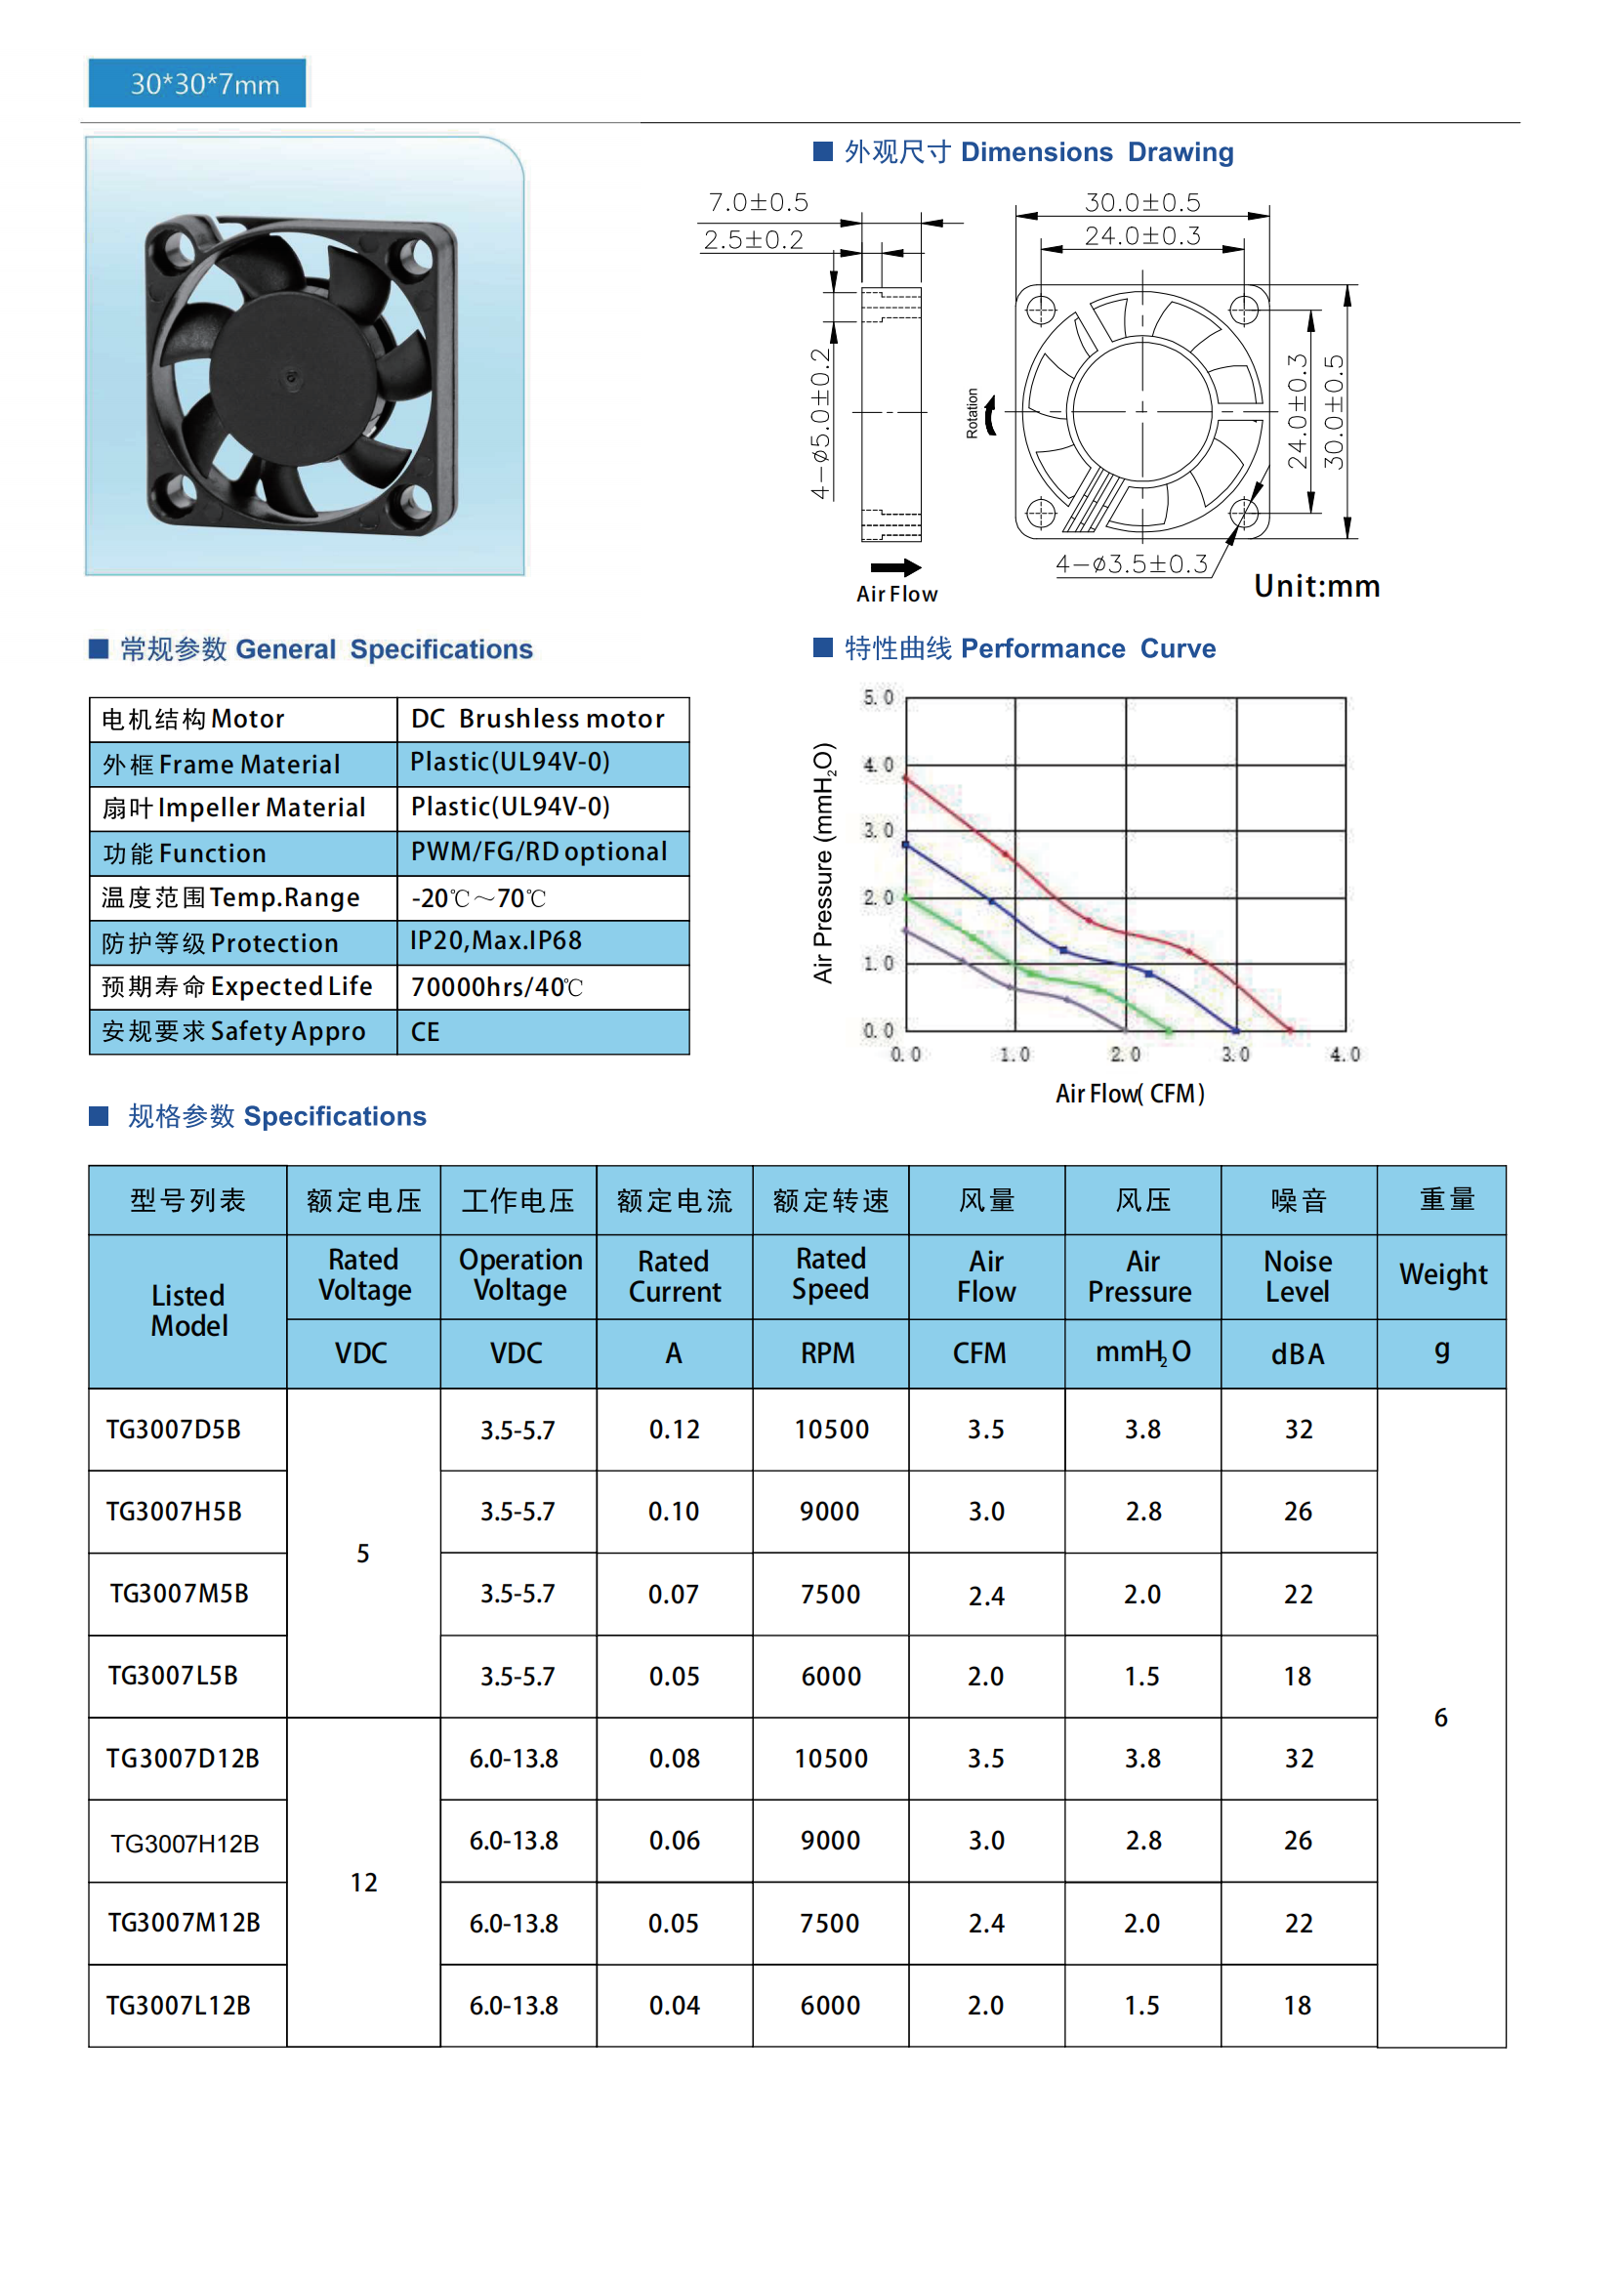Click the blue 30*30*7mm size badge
pos(197,84)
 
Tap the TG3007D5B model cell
pos(174,1430)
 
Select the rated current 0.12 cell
pos(675,1430)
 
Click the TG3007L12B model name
pos(179,2006)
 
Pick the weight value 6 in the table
pos(1440,1718)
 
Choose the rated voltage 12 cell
pos(363,1882)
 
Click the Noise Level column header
pos(1298,1276)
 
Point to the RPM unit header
pos(828,1352)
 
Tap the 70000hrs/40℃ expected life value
pos(496,987)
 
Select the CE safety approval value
pos(426,1031)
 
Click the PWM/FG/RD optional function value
pos(538,852)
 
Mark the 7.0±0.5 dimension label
pos(758,203)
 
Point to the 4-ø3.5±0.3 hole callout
pos(1132,564)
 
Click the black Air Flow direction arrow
pos(896,568)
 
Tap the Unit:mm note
pos(1315,586)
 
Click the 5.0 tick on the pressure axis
pos(878,697)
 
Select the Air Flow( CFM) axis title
pos(1130,1094)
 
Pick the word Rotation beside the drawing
pos(972,413)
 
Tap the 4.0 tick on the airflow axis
pos(1345,1055)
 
